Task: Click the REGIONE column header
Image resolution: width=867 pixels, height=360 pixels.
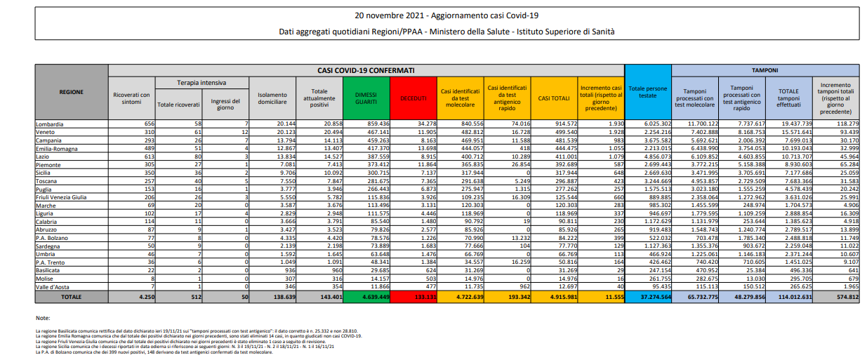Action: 72,92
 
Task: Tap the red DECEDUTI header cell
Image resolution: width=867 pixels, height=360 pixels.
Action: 414,98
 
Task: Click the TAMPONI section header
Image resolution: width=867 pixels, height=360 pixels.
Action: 765,70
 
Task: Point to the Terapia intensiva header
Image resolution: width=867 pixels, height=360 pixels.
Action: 201,83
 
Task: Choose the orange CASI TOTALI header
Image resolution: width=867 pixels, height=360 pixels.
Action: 554,98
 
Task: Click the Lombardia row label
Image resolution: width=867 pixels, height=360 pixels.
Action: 50,124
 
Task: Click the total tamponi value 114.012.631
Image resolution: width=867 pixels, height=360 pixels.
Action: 788,298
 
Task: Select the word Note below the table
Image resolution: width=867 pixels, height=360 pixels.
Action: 43,318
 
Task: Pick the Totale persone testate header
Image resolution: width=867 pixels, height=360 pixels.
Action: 648,93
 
